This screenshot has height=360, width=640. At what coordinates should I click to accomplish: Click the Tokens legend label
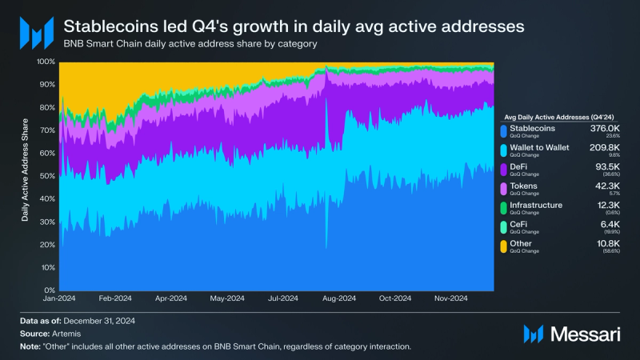coord(526,186)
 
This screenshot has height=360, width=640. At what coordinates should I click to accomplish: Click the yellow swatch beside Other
coord(502,246)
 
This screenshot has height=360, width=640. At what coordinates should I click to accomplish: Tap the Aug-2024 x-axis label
coord(338,298)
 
